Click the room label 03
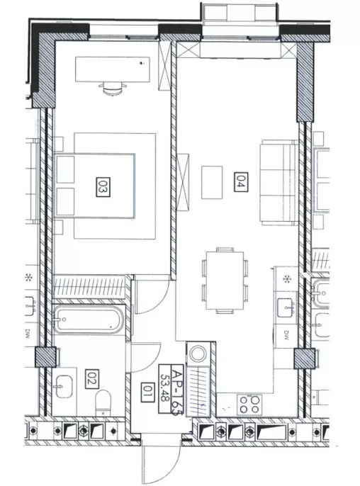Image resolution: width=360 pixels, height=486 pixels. (x=103, y=187)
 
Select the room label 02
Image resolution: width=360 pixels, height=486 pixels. (x=92, y=379)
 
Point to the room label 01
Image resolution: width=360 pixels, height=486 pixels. (x=147, y=392)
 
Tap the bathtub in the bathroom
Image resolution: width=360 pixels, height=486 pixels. (x=89, y=320)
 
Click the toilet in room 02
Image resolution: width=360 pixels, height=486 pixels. (x=103, y=402)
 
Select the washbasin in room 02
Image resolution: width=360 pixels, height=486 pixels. (x=64, y=387)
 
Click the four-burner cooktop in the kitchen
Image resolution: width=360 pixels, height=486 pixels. (x=249, y=404)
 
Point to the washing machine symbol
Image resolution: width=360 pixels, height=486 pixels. (x=198, y=353)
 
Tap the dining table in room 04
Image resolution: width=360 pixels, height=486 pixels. (x=225, y=281)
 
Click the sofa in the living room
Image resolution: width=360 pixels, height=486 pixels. (x=279, y=182)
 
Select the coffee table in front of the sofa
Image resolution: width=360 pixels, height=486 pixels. (x=212, y=182)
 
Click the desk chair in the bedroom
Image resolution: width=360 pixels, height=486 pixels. (x=113, y=88)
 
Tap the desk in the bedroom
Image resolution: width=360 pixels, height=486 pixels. (x=113, y=69)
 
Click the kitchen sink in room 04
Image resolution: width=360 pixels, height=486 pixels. (x=286, y=307)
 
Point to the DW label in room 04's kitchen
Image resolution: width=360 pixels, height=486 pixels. (x=286, y=334)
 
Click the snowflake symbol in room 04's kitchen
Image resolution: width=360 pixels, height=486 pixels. (x=286, y=279)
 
